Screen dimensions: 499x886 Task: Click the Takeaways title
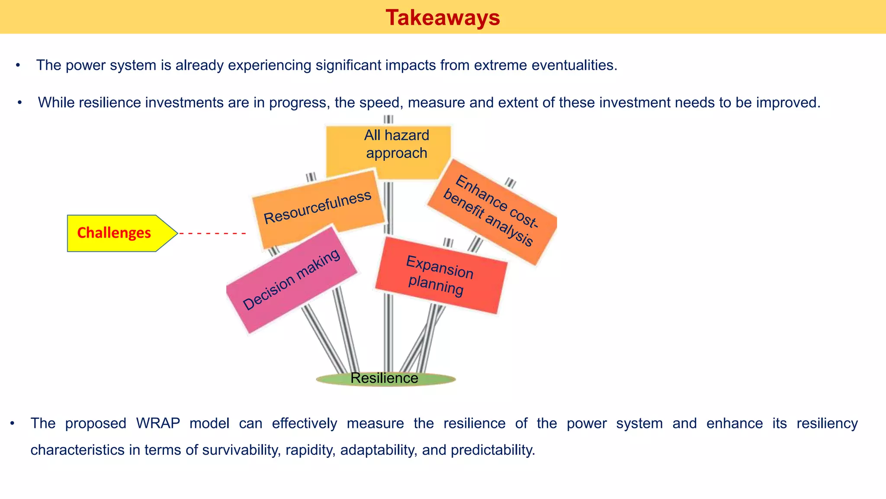pos(443,18)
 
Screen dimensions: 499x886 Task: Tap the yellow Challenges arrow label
pos(115,233)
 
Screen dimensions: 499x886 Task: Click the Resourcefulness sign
pos(318,208)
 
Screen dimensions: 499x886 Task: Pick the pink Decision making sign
pos(291,281)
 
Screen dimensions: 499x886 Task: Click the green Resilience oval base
pos(385,379)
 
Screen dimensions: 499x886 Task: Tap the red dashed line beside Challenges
pos(212,233)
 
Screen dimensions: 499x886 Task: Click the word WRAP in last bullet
pos(158,423)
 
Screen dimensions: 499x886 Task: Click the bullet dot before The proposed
pos(13,423)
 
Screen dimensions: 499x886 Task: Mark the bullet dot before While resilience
pos(19,103)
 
